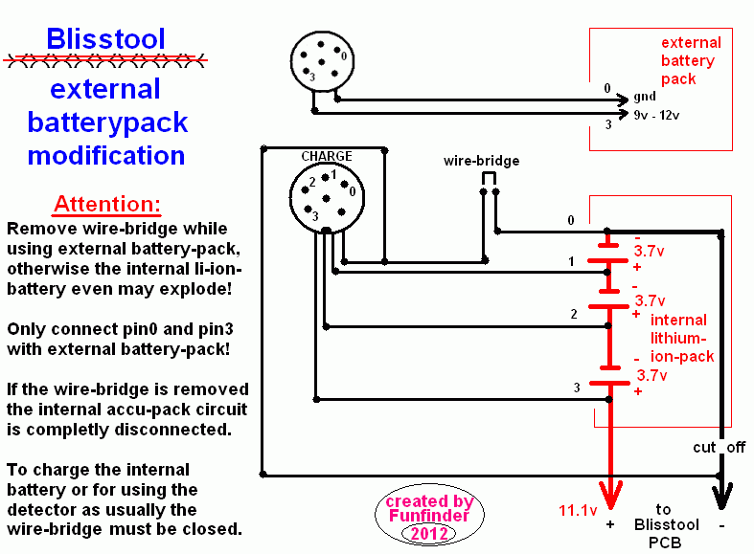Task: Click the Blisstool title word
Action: (x=105, y=39)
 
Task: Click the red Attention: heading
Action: (x=107, y=205)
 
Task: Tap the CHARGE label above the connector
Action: (x=327, y=157)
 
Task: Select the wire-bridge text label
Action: (x=481, y=161)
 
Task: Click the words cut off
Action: (x=719, y=448)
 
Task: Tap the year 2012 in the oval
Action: (x=429, y=533)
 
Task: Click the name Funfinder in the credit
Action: (x=429, y=517)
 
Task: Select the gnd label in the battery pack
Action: (x=645, y=98)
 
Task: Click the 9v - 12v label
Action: (x=655, y=116)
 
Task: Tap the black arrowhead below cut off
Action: (x=720, y=493)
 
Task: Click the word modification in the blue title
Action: (x=106, y=155)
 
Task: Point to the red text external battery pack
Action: (x=690, y=61)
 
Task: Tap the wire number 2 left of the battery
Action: (x=573, y=314)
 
